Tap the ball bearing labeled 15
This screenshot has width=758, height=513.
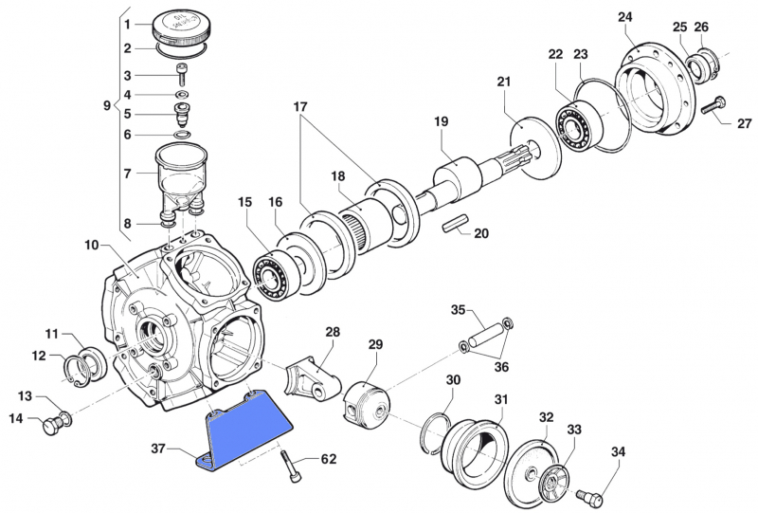[272, 274]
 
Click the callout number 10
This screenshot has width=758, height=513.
[91, 245]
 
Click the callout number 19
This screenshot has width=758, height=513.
[441, 121]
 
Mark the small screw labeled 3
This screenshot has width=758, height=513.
[182, 77]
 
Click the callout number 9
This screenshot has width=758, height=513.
[106, 106]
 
